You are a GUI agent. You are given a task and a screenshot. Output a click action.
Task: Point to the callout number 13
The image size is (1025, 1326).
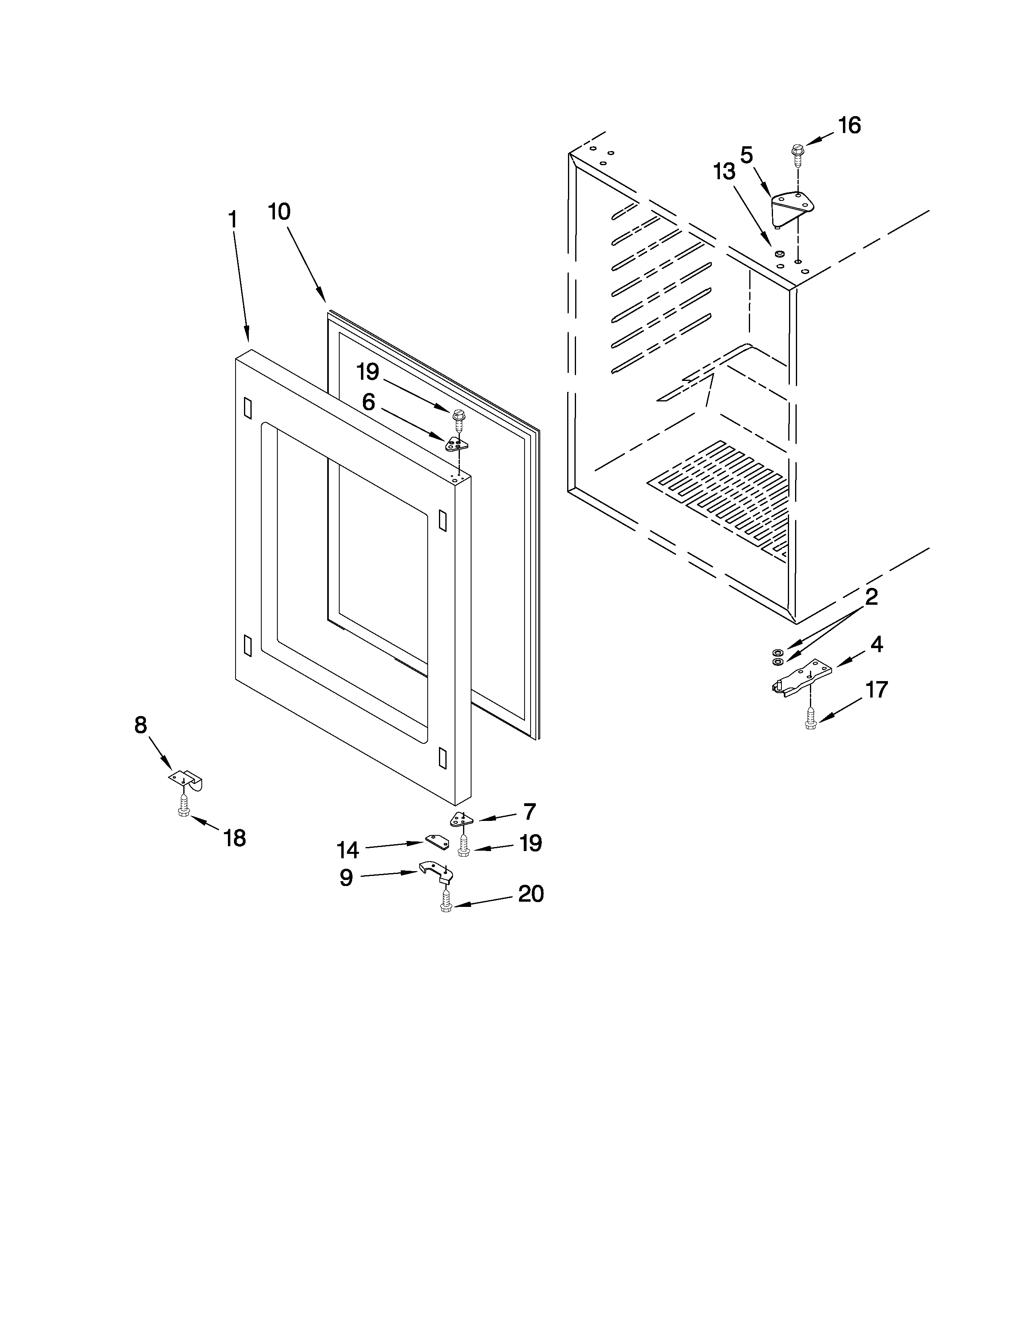pyautogui.click(x=724, y=172)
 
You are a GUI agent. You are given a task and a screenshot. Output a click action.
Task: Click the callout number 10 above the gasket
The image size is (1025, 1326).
pyautogui.click(x=279, y=212)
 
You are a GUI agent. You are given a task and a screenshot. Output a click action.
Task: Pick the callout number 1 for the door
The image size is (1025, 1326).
pyautogui.click(x=233, y=220)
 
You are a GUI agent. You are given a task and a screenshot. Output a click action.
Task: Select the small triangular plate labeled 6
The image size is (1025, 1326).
pyautogui.click(x=457, y=444)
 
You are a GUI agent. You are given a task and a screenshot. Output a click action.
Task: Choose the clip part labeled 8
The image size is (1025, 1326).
pyautogui.click(x=185, y=780)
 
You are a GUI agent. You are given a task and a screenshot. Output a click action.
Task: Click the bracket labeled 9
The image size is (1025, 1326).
pyautogui.click(x=435, y=872)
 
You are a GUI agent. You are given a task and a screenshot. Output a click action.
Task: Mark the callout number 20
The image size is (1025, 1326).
pyautogui.click(x=531, y=894)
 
